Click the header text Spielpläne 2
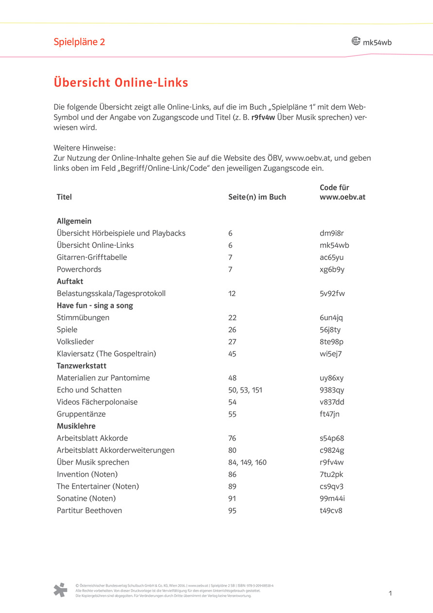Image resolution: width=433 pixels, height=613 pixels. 79,42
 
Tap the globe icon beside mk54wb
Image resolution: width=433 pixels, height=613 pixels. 356,41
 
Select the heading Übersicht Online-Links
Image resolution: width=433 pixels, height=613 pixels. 121,83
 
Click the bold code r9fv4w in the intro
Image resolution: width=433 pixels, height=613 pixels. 263,117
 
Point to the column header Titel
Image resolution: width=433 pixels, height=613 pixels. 64,197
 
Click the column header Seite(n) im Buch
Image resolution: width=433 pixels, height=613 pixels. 257,197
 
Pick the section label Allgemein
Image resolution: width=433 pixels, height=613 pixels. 74,221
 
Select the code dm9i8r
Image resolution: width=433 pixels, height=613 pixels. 332,233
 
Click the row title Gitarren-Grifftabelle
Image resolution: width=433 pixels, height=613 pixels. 92,257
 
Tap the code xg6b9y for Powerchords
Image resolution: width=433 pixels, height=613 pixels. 332,269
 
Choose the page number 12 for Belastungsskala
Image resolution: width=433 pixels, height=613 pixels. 232,294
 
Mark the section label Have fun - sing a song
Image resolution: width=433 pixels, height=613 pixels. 95,306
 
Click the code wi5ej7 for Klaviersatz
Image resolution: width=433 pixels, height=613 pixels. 331,354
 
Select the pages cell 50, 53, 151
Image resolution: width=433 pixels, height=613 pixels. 245,390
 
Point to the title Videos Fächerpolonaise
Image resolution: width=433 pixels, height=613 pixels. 97,402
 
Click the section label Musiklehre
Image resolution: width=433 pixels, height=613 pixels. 76,426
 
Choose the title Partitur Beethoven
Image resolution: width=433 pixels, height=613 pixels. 90,511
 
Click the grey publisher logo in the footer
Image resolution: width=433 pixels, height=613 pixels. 60,590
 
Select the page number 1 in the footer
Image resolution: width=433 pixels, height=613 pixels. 390,593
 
